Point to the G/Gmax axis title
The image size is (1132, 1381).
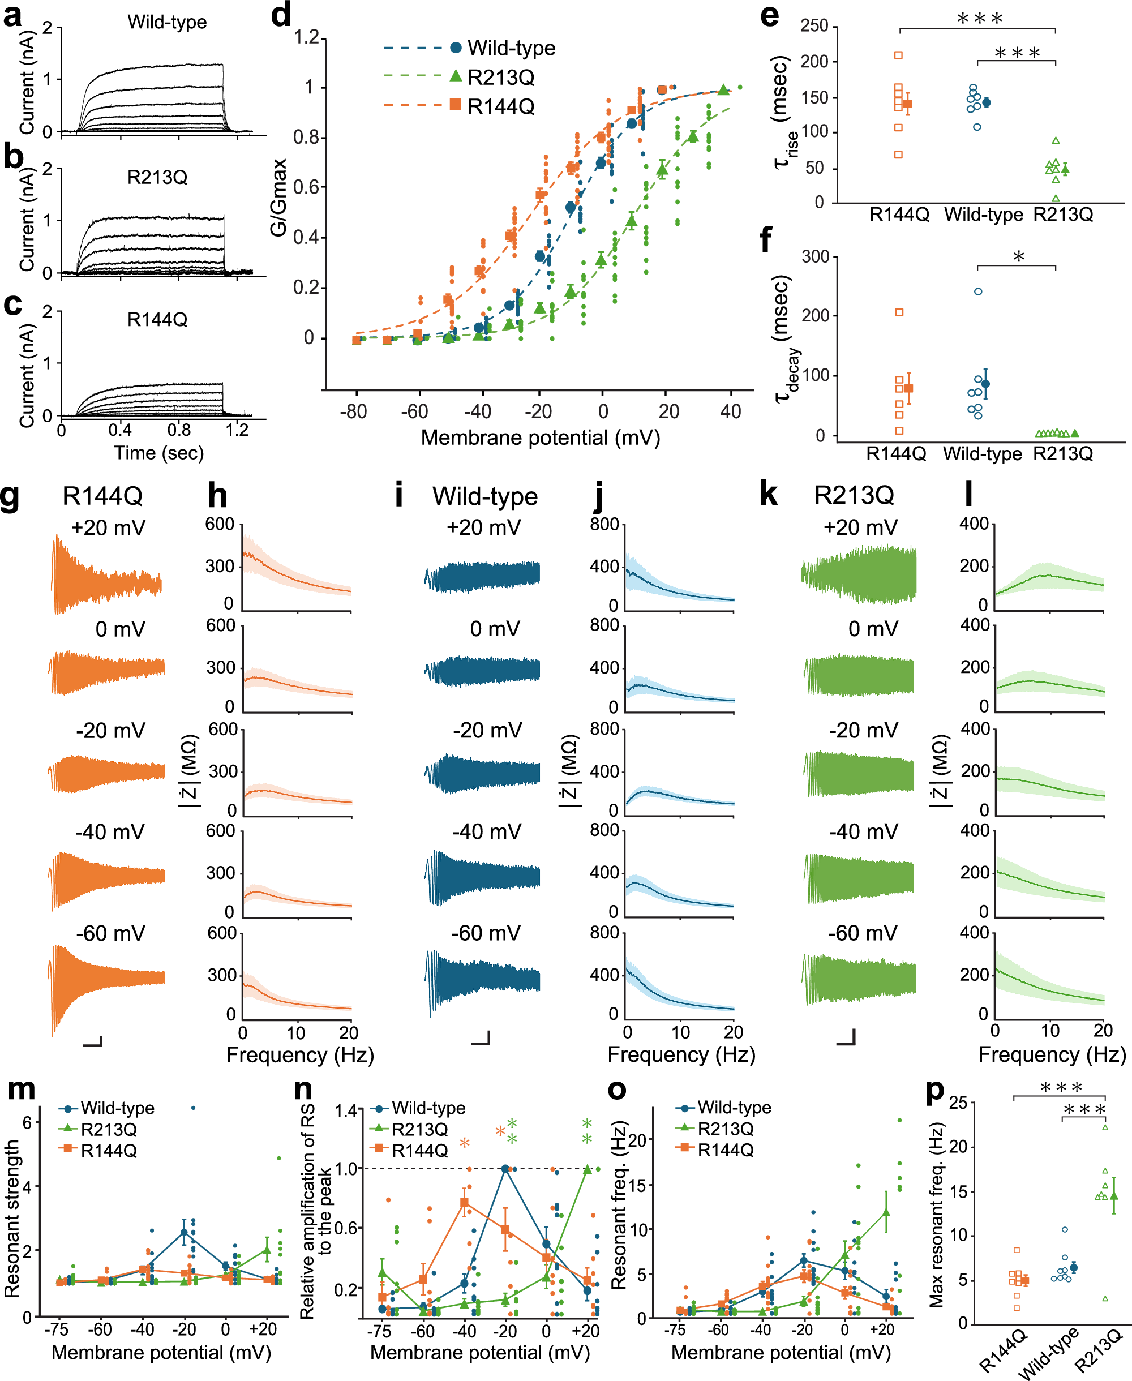(x=279, y=198)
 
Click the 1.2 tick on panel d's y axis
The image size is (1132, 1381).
(x=306, y=37)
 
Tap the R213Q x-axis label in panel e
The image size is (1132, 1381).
(x=1063, y=215)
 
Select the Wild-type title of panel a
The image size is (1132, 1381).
(x=167, y=22)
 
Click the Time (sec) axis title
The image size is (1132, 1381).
(x=158, y=453)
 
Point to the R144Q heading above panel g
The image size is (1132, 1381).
(x=102, y=496)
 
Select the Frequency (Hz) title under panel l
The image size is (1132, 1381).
(x=1051, y=1054)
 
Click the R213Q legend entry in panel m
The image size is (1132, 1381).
(x=108, y=1129)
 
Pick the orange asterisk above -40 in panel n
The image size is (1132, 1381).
(x=464, y=1144)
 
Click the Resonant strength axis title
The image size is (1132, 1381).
(x=13, y=1218)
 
